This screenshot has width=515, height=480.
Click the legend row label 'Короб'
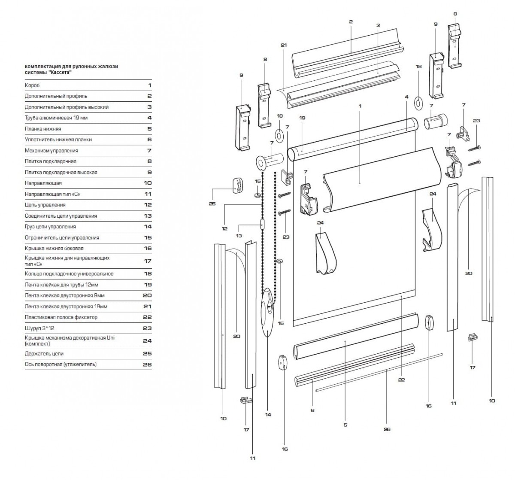(32, 85)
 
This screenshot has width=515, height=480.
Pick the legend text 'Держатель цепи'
(44, 353)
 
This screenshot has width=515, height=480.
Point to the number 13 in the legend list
(148, 216)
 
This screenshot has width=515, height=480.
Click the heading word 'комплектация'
(41, 67)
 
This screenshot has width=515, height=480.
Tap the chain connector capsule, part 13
(262, 224)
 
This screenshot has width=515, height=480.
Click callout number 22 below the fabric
(401, 380)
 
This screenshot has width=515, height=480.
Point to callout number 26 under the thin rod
(387, 429)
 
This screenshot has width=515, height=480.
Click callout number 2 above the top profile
(351, 21)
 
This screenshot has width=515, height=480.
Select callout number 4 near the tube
(406, 97)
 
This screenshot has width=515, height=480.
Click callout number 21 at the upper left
(283, 45)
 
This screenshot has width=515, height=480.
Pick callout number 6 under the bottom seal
(312, 410)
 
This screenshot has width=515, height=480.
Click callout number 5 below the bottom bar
(345, 425)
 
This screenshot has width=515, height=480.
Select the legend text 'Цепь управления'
(45, 205)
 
